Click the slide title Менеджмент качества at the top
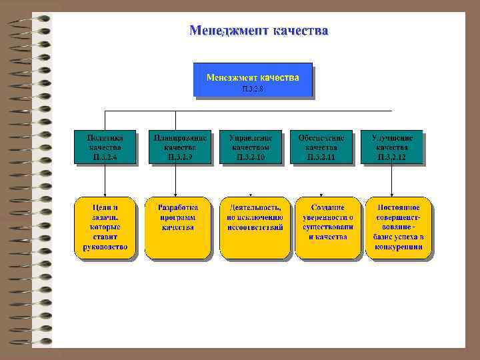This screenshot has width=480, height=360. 258,31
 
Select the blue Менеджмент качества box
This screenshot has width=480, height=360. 253,80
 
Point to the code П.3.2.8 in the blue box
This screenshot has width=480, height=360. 253,89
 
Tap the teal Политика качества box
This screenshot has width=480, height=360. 105,147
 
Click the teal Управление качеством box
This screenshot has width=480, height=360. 251,147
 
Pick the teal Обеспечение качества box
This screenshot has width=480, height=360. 321,147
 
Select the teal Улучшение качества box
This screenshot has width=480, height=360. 392,147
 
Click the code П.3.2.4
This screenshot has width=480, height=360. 105,157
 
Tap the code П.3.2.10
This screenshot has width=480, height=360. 251,157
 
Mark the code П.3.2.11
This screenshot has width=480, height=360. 321,157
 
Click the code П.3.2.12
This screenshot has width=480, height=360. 392,157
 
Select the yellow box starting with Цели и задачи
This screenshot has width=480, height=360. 105,227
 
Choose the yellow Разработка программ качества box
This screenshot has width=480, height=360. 178,227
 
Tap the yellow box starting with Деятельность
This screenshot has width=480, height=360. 255,227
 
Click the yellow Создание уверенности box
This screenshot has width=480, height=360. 328,227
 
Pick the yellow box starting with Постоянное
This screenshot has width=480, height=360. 398,227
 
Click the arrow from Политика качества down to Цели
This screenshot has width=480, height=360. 104,180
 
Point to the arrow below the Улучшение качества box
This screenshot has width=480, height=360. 391,180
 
